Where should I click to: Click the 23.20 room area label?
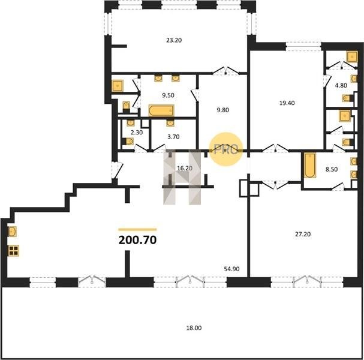point(174,40)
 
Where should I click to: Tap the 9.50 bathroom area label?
point(168,95)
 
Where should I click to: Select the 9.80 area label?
point(223,110)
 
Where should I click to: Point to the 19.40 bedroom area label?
point(287,103)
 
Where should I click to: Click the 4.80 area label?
point(341,85)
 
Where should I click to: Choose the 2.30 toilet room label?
point(137,133)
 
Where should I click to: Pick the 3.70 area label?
point(173,137)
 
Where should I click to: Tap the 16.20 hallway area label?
point(185,168)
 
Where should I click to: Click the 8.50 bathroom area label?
point(332,169)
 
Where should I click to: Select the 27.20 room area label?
point(303,235)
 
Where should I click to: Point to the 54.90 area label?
point(231,269)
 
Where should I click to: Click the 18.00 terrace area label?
point(194,328)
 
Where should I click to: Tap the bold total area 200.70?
point(138,240)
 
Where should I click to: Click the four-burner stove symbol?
point(14,251)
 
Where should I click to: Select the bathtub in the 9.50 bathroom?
point(161,110)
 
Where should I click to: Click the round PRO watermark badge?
point(226,149)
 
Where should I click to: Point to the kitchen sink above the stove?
point(13,232)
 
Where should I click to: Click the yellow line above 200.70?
point(138,229)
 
